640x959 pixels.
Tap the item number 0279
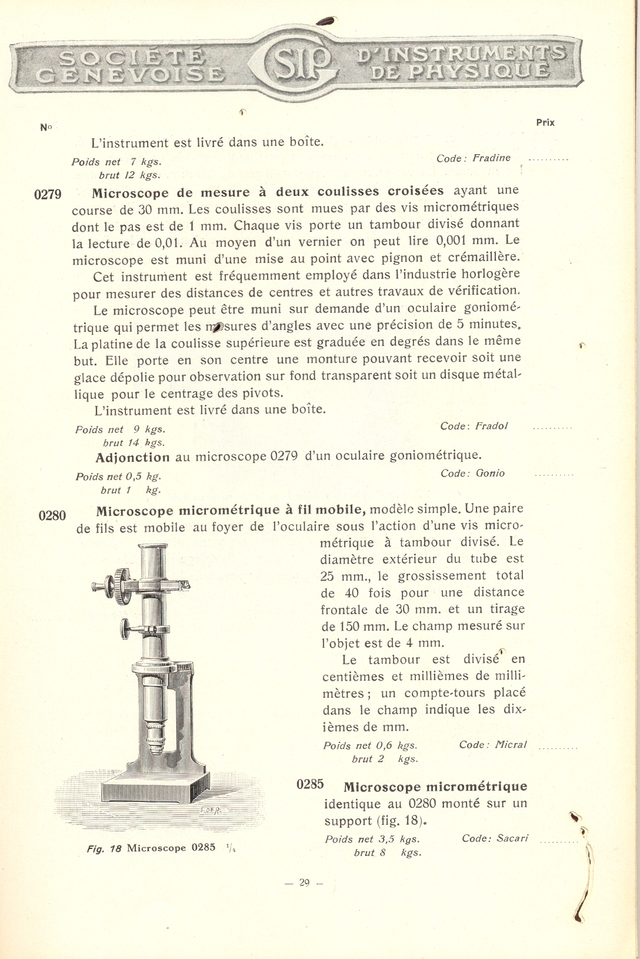tap(48, 195)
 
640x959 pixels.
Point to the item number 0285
tap(312, 784)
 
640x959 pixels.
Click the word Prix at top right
tap(545, 123)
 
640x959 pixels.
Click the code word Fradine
tap(491, 158)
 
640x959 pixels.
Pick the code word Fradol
tap(491, 426)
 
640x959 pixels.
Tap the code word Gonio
tap(490, 473)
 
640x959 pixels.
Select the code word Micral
tap(510, 745)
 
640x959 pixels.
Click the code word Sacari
tap(512, 838)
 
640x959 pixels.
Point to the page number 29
tap(304, 882)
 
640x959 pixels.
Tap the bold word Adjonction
tap(132, 457)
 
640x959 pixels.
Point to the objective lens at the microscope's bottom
tap(156, 747)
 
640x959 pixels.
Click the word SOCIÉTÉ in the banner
tap(133, 58)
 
